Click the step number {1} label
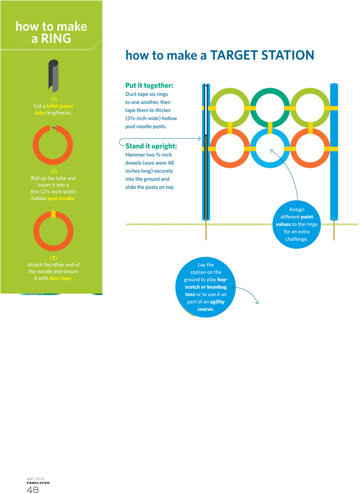click(x=53, y=99)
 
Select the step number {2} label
click(x=53, y=171)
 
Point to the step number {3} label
click(x=53, y=258)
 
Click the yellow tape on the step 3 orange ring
click(x=53, y=214)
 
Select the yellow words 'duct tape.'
click(x=61, y=278)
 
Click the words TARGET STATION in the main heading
click(x=262, y=55)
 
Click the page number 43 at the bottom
click(x=33, y=489)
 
